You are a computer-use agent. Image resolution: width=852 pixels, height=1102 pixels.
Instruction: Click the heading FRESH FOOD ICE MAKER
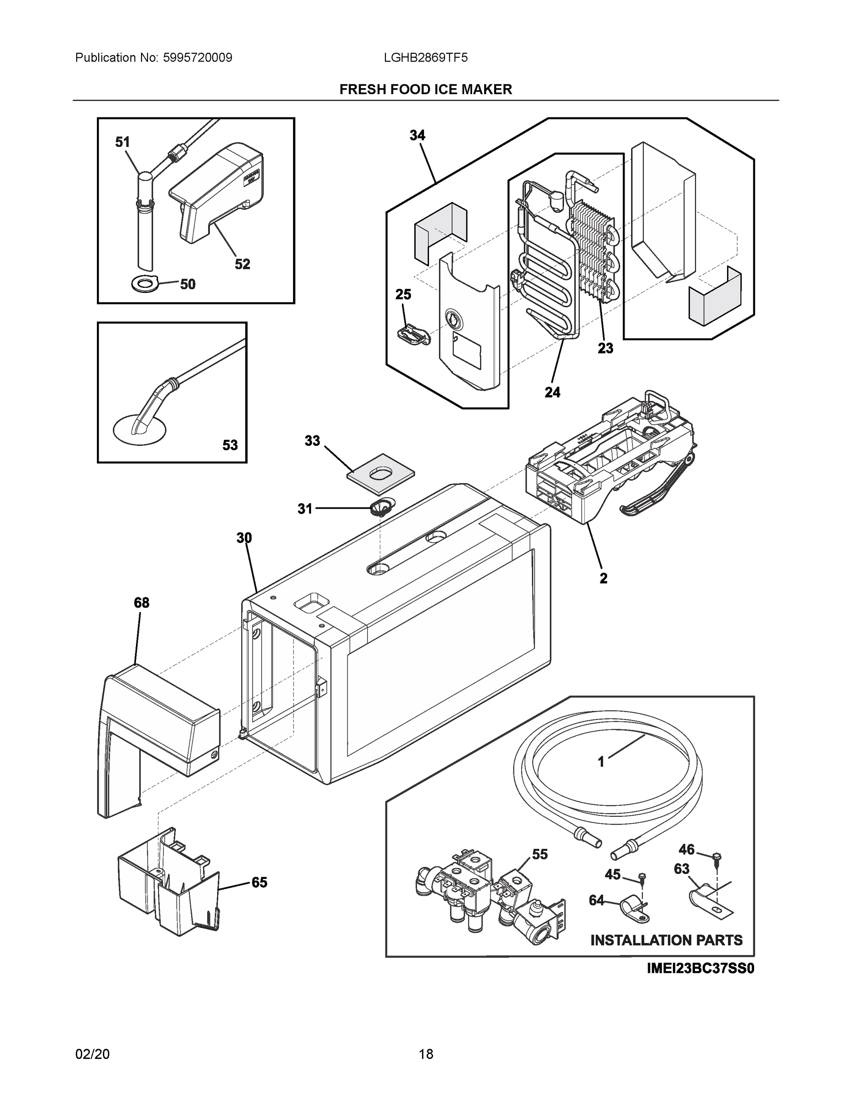tap(425, 90)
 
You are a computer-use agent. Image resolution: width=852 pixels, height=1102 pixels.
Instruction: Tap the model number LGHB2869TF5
tap(425, 57)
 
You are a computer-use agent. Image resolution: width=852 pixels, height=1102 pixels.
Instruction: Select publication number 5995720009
tap(197, 57)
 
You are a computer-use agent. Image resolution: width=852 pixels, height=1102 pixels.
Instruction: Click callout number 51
tap(122, 142)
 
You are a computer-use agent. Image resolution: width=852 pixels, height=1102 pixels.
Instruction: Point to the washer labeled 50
tap(145, 285)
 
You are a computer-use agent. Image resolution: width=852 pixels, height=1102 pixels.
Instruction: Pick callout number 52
tap(242, 264)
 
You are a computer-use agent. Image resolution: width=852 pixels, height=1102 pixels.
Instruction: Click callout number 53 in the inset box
tap(230, 445)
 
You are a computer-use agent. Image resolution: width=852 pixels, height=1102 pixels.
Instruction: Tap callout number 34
tap(418, 135)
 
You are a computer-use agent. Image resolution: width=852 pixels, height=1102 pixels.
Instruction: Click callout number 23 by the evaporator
tap(605, 348)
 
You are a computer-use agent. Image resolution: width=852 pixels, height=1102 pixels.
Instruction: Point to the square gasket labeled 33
tap(381, 473)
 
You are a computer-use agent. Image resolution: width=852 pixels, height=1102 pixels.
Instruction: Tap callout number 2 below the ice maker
tap(603, 578)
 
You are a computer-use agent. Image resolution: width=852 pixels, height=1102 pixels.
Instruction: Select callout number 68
tap(141, 602)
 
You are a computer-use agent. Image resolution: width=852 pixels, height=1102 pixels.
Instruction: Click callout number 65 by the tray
tap(260, 883)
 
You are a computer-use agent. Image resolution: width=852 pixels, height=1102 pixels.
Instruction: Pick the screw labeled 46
tap(717, 856)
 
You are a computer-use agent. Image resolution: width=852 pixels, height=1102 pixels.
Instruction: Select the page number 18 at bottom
tap(425, 1054)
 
